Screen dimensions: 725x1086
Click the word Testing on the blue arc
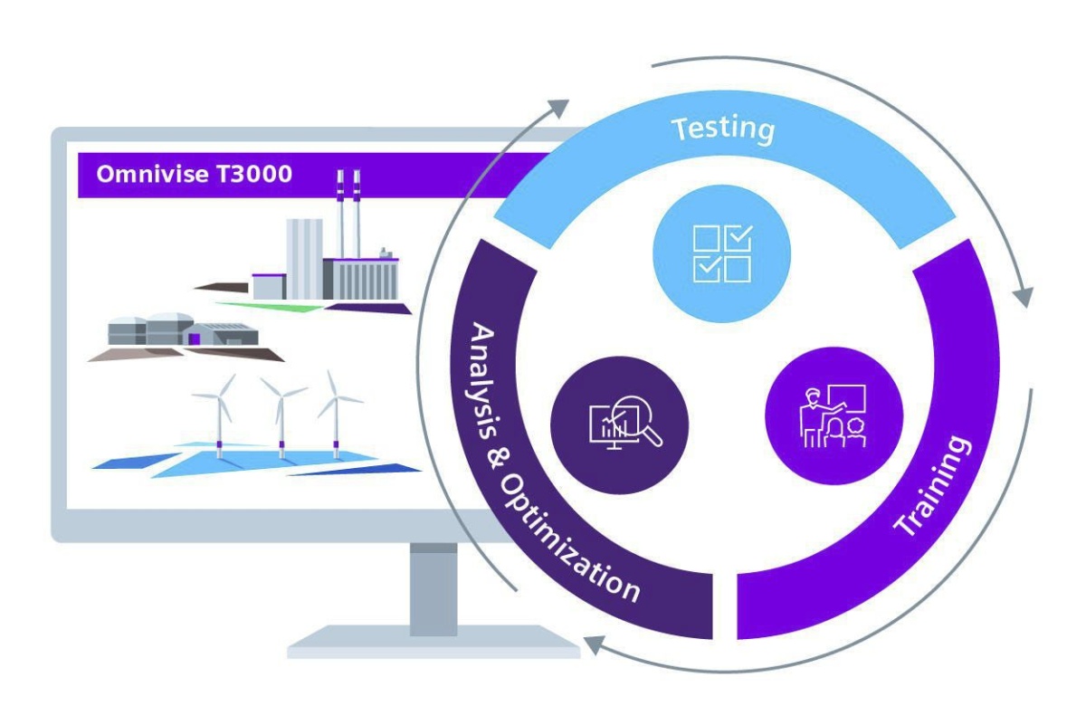pyautogui.click(x=723, y=128)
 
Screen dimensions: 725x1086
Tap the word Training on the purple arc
pyautogui.click(x=932, y=487)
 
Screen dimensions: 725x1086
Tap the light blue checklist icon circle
pyautogui.click(x=721, y=253)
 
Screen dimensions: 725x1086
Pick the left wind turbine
pyautogui.click(x=218, y=416)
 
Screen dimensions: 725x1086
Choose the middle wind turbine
pyautogui.click(x=281, y=416)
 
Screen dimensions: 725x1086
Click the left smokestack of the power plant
pyautogui.click(x=341, y=213)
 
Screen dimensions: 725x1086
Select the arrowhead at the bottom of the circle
pyautogui.click(x=594, y=644)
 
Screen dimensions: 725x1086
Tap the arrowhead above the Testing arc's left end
pyautogui.click(x=559, y=109)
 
